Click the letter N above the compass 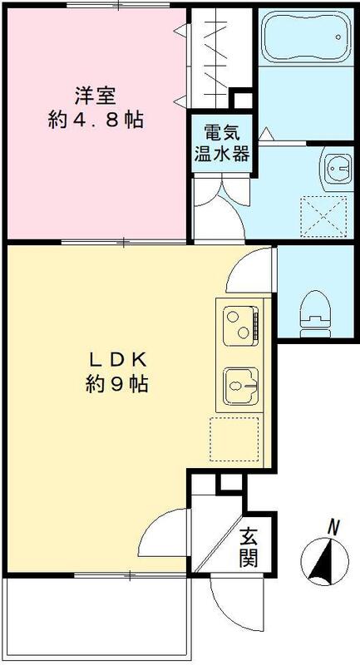334,526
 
